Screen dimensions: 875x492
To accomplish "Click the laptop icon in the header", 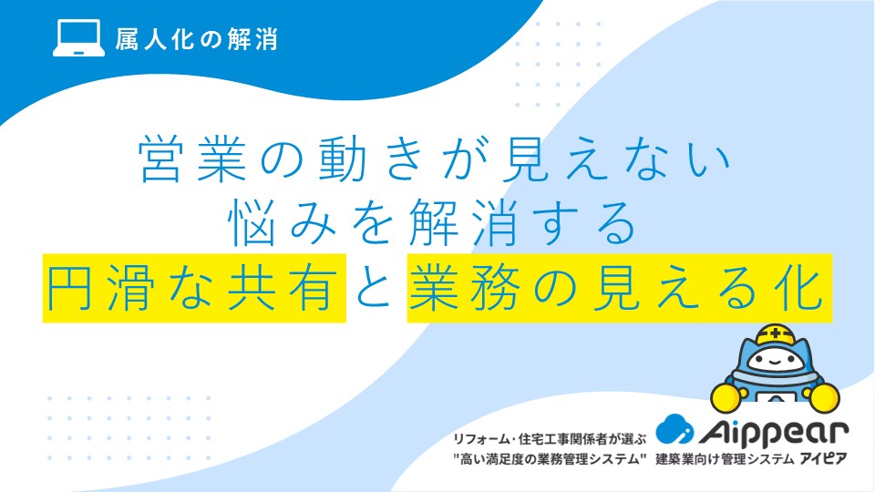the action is click(x=78, y=37).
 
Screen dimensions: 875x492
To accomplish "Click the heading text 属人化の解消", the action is click(x=197, y=39).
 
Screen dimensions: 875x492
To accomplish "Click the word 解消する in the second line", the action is click(x=522, y=222).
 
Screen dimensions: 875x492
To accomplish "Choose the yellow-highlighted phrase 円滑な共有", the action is click(x=194, y=288).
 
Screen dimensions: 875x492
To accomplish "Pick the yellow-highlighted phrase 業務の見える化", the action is click(x=620, y=288).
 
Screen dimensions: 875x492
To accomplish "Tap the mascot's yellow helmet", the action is click(x=775, y=334).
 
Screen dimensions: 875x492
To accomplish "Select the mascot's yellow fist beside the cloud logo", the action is click(x=727, y=398).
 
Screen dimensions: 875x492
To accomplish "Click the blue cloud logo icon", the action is click(x=674, y=429).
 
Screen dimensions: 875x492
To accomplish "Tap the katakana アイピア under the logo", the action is click(x=823, y=459).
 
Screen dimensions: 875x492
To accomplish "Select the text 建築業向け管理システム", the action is click(x=725, y=459).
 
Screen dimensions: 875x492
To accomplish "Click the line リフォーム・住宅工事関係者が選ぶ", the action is click(x=549, y=439).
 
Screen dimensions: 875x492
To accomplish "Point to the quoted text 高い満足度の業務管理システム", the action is click(x=550, y=459).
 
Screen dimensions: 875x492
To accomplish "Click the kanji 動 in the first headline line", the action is click(x=343, y=159).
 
